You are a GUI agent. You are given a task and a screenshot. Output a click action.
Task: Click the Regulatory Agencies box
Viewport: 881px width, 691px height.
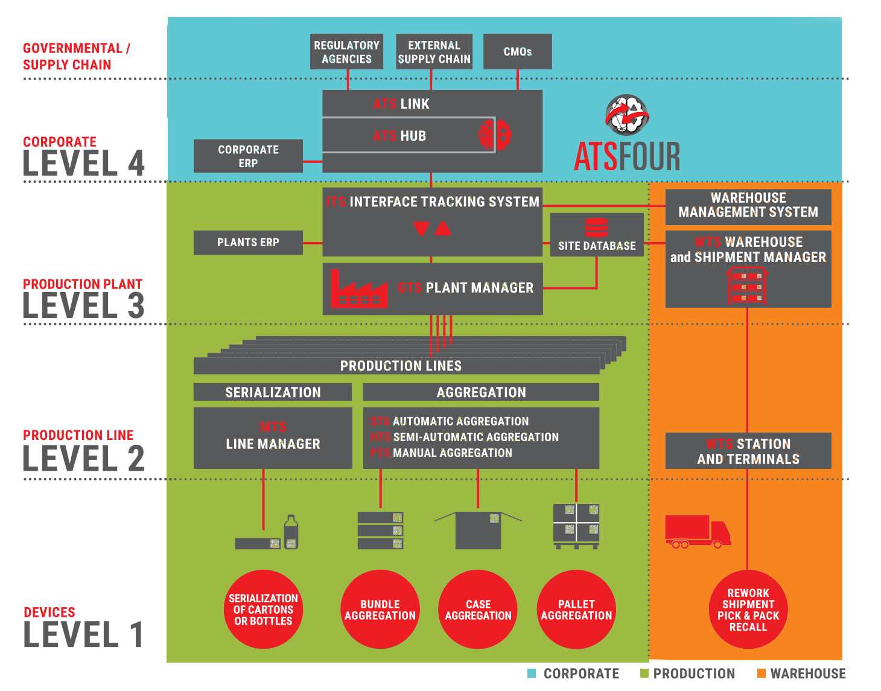[347, 52]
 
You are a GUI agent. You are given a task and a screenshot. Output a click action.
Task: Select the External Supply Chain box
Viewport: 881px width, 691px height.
[434, 52]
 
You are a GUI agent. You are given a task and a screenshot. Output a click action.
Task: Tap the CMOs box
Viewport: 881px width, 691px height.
[518, 52]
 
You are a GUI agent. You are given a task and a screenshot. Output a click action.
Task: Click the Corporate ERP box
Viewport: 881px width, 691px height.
[248, 156]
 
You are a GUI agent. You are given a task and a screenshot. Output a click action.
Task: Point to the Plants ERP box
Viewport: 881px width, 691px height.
[248, 243]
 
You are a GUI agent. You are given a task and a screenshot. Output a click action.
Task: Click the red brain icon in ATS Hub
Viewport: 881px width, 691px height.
[495, 134]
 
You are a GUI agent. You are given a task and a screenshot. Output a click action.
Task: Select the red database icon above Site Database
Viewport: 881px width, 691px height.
[596, 228]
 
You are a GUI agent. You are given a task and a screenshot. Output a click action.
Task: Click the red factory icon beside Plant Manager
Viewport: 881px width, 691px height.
[358, 290]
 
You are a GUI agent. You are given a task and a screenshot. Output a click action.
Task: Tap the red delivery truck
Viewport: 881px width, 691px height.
[698, 531]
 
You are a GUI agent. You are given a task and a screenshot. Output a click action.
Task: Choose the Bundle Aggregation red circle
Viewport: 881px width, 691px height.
[380, 610]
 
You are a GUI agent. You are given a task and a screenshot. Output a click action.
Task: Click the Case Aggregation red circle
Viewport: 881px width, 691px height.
[478, 610]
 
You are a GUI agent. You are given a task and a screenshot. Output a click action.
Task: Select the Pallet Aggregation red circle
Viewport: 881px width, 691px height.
[576, 610]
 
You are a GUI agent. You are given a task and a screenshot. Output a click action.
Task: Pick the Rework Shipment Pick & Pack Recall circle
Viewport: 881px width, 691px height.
[748, 610]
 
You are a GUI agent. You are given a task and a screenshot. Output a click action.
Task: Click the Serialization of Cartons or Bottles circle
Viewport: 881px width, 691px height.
[263, 610]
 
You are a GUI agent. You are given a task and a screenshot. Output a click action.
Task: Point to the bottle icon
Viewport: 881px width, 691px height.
[291, 532]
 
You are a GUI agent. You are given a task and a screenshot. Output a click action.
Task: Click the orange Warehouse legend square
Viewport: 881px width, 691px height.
[762, 673]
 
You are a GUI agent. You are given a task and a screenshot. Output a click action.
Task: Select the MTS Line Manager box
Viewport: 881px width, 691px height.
[273, 438]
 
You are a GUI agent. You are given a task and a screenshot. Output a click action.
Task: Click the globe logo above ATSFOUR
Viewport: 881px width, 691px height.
[628, 115]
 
